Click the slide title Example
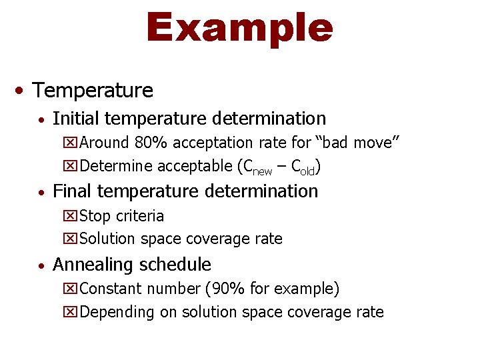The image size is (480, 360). [x=239, y=28]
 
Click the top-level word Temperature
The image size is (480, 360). [x=93, y=90]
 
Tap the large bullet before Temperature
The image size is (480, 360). [x=22, y=90]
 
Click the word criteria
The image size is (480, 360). [x=139, y=216]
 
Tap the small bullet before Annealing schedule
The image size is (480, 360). [x=42, y=265]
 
